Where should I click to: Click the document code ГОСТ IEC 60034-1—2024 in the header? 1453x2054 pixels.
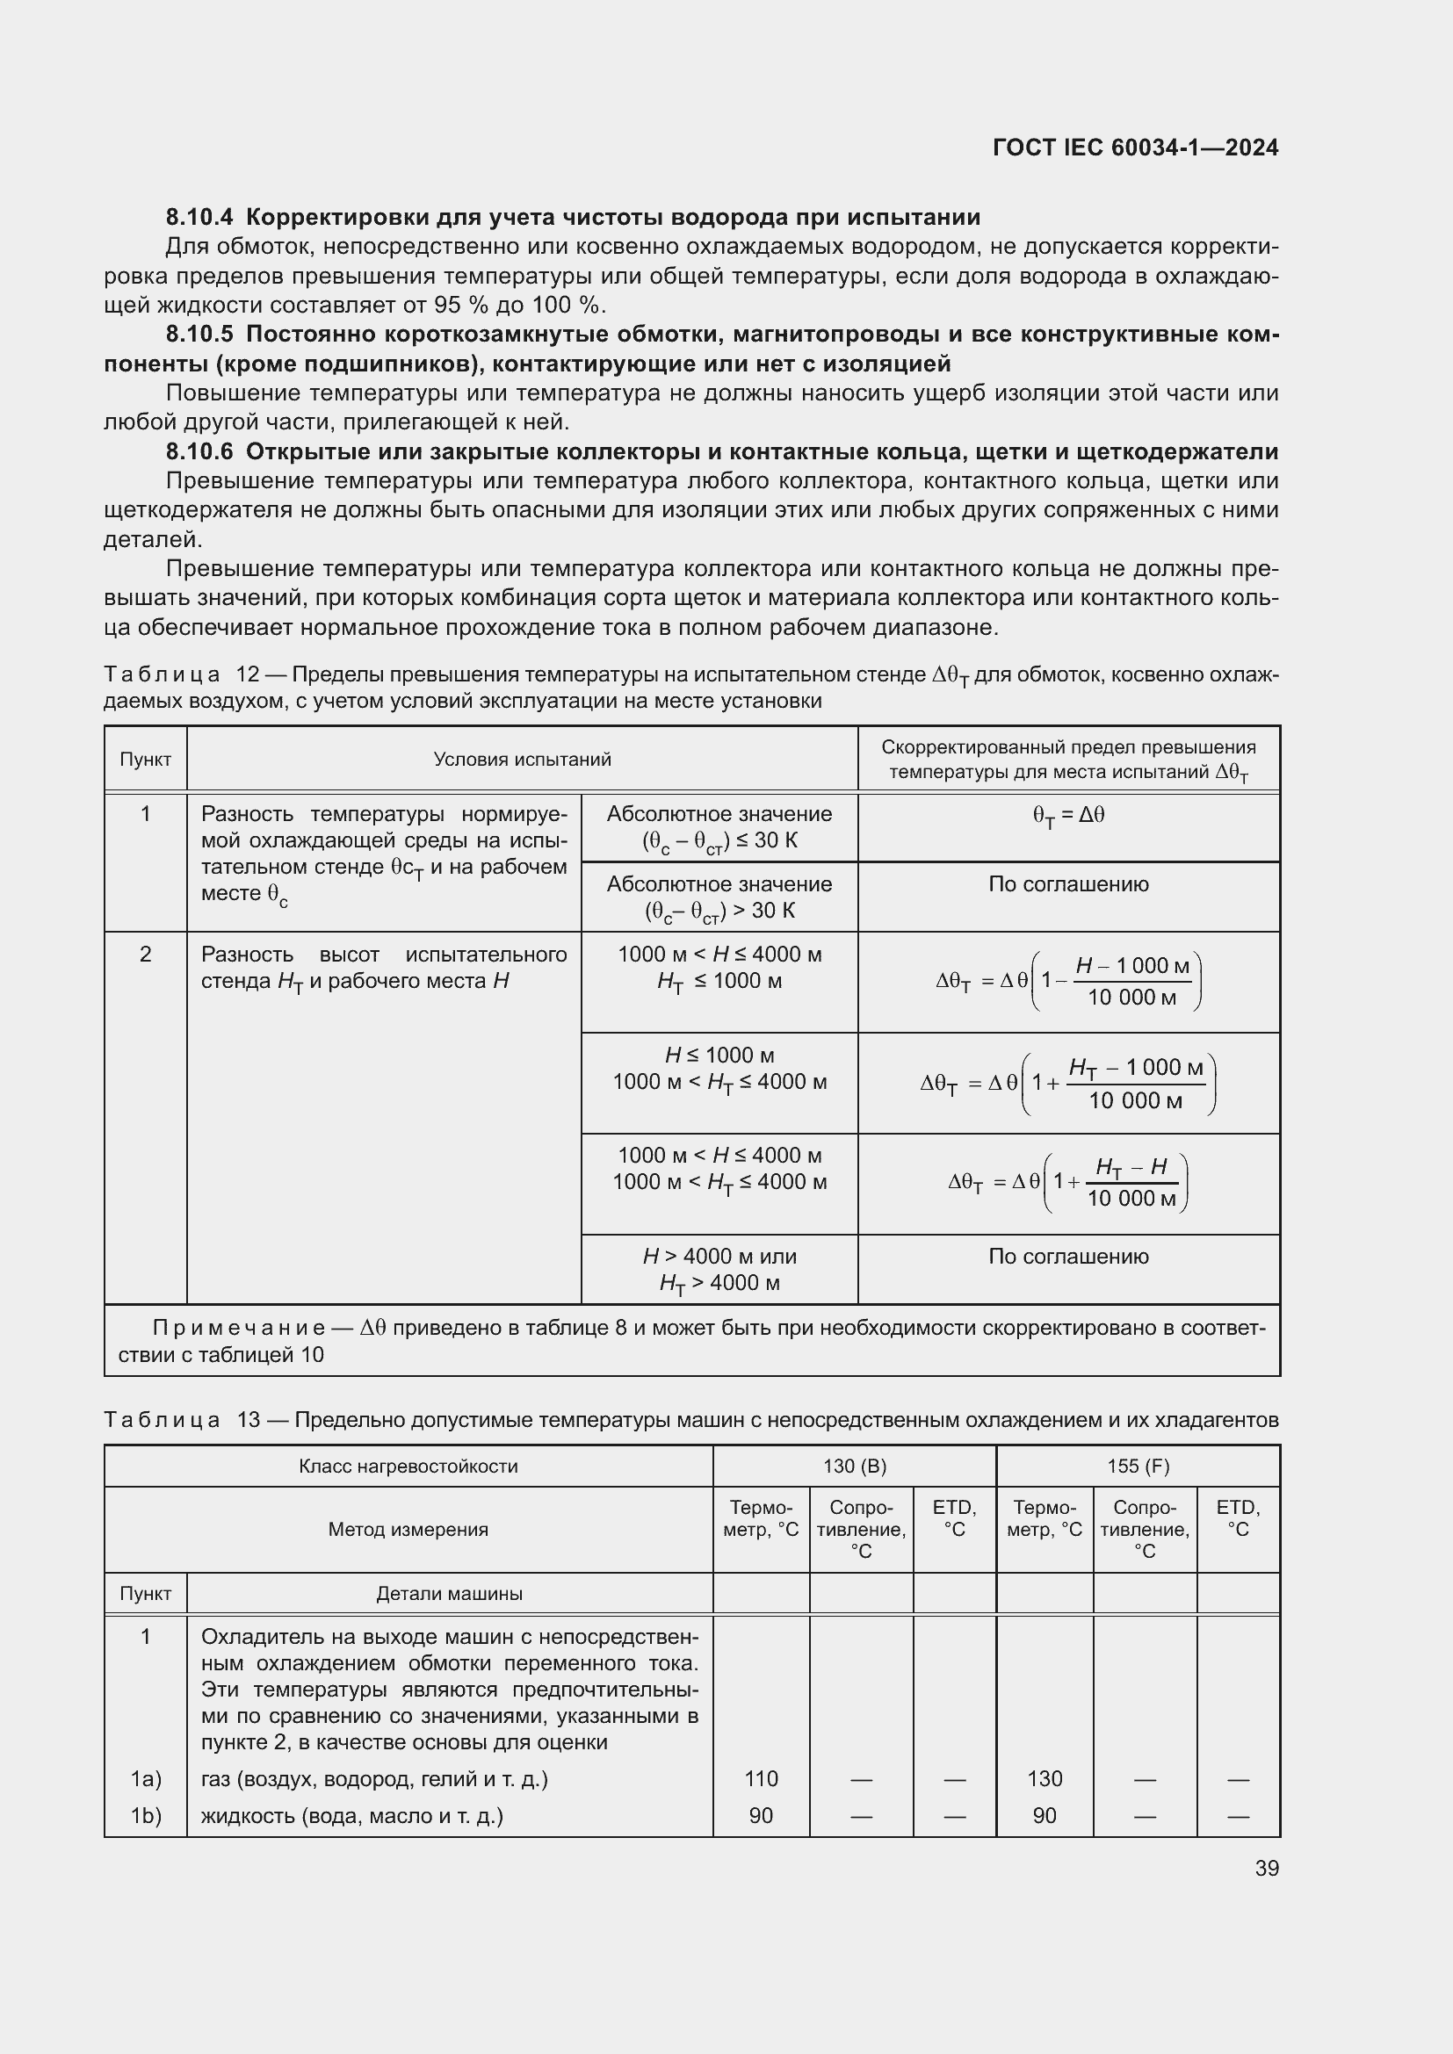tap(1134, 148)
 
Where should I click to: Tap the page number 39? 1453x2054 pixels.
tap(1266, 1868)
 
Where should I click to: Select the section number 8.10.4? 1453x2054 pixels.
tap(199, 218)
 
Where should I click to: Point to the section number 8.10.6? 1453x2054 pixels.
tap(199, 451)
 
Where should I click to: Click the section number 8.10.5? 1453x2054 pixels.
tap(199, 335)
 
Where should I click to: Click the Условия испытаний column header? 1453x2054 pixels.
tap(522, 760)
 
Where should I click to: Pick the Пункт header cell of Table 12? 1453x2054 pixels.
tap(145, 760)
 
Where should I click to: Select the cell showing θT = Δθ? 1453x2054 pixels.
tap(1068, 816)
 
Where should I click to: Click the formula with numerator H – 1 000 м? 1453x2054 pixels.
tap(1068, 982)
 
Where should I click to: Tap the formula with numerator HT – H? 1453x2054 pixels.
tap(1068, 1182)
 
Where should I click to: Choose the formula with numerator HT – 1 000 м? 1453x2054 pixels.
tap(1068, 1083)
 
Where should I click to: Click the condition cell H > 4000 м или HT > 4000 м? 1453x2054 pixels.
tap(719, 1270)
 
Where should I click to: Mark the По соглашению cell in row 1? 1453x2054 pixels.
tap(1068, 885)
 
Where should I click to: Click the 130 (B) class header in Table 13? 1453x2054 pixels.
tap(855, 1467)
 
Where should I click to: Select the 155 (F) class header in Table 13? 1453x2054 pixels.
tap(1138, 1467)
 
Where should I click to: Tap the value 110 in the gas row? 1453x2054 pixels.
tap(762, 1778)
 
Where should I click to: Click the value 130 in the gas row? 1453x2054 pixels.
tap(1045, 1778)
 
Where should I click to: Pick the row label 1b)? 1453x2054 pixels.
tap(146, 1815)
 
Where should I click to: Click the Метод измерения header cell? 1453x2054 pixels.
tap(408, 1529)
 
